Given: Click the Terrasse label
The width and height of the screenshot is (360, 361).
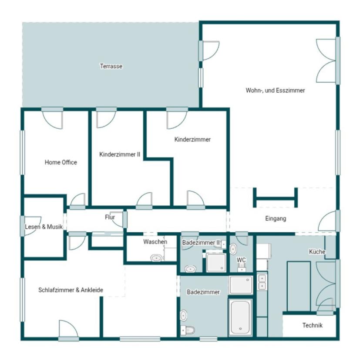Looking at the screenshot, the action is pos(111,66).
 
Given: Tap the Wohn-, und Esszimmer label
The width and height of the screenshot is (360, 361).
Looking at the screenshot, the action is pos(275,90).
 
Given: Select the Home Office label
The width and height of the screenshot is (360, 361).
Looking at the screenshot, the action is pos(61,162).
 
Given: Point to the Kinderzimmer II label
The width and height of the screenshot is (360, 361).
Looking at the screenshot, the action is pos(120,154).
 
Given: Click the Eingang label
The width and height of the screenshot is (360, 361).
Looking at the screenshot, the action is pos(276,218).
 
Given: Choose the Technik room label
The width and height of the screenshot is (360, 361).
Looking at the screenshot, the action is pos(312,325).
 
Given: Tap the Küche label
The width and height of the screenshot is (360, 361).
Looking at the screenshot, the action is pos(317,252).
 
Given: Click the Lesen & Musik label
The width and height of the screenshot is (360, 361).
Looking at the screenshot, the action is pos(44,227).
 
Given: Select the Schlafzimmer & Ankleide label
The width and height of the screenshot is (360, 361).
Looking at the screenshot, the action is pos(71,290).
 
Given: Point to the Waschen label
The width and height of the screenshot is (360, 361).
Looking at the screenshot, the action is pos(155,242).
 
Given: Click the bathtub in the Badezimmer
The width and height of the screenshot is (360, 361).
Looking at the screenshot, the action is pos(240,317).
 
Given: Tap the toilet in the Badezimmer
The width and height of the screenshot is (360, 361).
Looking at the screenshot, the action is pos(187,331).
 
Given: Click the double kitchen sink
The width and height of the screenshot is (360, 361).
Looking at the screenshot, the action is pos(262,282).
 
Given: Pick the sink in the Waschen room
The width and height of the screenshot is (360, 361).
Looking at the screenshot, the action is pos(156,258).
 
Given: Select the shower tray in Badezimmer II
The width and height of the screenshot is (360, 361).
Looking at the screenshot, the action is pos(216,262).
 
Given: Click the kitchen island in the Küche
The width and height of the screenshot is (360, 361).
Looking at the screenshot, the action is pos(299,286).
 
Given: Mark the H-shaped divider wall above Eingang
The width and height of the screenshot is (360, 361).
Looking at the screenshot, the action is pos(276,198).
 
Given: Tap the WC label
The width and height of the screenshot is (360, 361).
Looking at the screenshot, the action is pos(241,260).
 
